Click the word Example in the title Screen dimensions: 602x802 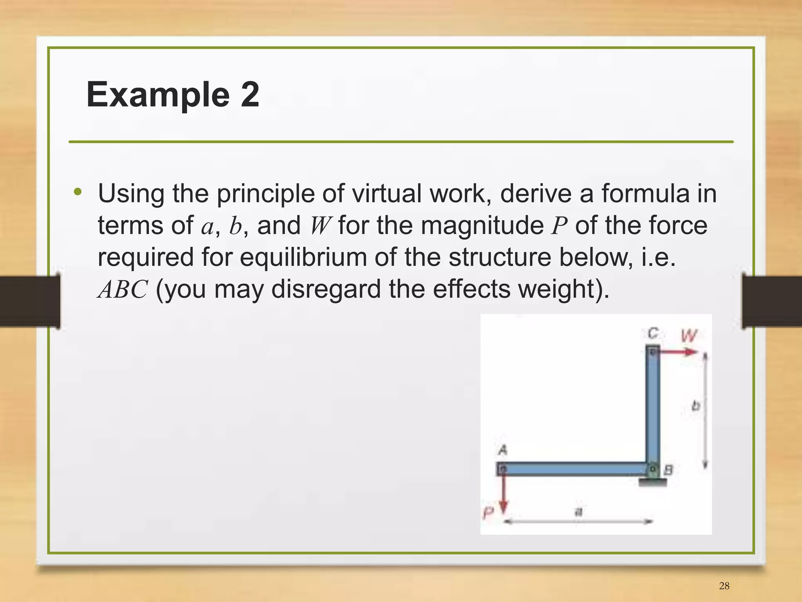tap(158, 94)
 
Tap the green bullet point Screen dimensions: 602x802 tap(78, 192)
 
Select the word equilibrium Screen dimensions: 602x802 tap(303, 257)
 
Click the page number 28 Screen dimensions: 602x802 tap(724, 586)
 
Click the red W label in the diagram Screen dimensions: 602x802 tap(689, 335)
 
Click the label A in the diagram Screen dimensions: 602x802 tap(503, 450)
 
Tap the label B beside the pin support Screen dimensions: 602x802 tap(668, 470)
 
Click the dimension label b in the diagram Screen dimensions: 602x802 tap(695, 405)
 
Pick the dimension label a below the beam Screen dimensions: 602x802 tap(578, 512)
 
